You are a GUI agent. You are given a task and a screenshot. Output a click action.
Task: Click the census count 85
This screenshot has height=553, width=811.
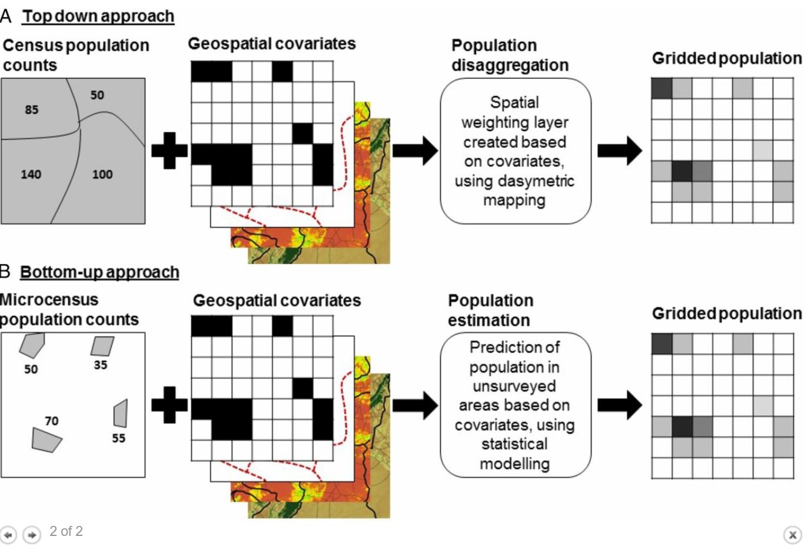coord(32,109)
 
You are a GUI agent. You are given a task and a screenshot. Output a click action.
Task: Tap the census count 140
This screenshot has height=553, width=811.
coord(31,174)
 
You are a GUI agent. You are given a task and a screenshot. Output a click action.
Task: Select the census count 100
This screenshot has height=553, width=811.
coord(102,174)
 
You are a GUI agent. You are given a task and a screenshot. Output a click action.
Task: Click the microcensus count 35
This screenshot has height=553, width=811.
coord(101,365)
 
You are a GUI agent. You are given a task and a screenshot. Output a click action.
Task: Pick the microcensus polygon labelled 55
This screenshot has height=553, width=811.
coord(121,413)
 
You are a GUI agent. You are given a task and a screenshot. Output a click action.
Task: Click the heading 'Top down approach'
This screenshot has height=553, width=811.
coord(98,16)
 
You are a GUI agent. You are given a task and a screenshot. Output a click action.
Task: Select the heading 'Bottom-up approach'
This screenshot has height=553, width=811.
coord(99,272)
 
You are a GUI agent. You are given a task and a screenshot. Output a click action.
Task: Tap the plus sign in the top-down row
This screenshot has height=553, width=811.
coord(169,151)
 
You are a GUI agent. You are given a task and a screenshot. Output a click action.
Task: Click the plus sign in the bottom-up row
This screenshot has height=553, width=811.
coord(169,405)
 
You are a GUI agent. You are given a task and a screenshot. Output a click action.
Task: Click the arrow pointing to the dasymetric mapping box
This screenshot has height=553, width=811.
coord(415,151)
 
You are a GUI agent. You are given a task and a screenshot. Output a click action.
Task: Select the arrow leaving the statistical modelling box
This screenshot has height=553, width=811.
coord(619,405)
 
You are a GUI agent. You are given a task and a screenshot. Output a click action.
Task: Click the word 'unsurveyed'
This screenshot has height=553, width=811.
coord(514,386)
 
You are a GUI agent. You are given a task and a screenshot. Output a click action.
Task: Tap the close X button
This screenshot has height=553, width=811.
coord(792,535)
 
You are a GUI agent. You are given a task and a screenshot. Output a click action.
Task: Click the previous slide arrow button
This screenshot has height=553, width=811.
coord(8,535)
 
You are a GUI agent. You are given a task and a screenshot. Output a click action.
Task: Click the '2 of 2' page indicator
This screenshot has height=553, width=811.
coord(66,531)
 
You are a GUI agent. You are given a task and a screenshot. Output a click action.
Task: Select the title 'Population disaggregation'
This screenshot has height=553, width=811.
coord(510,55)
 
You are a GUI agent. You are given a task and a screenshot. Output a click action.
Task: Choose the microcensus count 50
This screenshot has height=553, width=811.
coord(31,369)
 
